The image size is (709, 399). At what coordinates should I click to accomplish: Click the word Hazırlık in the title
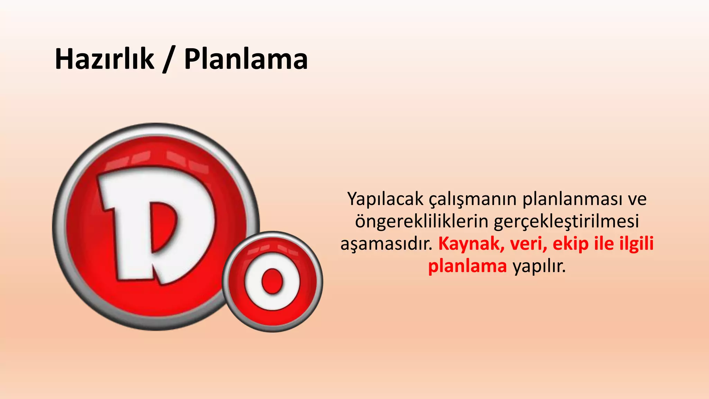point(104,59)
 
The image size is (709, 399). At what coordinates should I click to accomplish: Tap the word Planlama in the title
point(246,59)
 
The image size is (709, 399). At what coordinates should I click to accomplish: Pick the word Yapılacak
point(385,199)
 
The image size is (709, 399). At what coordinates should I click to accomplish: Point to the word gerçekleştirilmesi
point(566,222)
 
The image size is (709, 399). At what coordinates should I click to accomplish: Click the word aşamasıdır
point(387,244)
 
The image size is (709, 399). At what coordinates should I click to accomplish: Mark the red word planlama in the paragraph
point(467,267)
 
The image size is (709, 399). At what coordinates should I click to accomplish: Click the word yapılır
point(539,267)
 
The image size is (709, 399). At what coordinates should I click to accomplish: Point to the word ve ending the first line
point(637,199)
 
